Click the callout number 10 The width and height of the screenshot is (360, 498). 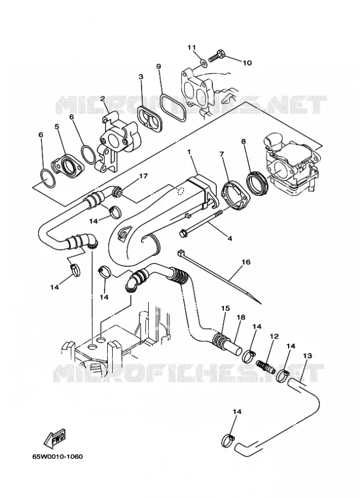pos(247,63)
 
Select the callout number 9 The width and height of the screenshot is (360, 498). pos(158,66)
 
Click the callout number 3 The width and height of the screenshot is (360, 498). pos(141,76)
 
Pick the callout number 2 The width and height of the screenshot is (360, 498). pos(102,98)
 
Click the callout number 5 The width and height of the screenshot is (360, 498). pos(57,127)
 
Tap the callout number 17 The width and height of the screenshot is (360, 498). pos(143,175)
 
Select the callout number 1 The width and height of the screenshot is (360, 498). pos(190,152)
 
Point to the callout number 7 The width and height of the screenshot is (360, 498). pos(221,154)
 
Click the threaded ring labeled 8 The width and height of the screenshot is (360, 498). pos(258,184)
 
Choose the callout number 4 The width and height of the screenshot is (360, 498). pos(229,238)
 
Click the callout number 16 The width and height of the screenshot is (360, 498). pos(246,262)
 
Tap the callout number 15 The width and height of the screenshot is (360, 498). pos(226,308)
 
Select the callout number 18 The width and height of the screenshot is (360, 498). pos(241,317)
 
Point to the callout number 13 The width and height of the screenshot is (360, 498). pos(307,355)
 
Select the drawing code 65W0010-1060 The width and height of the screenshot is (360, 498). pos(58,456)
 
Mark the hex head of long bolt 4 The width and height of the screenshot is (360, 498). pos(183,234)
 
